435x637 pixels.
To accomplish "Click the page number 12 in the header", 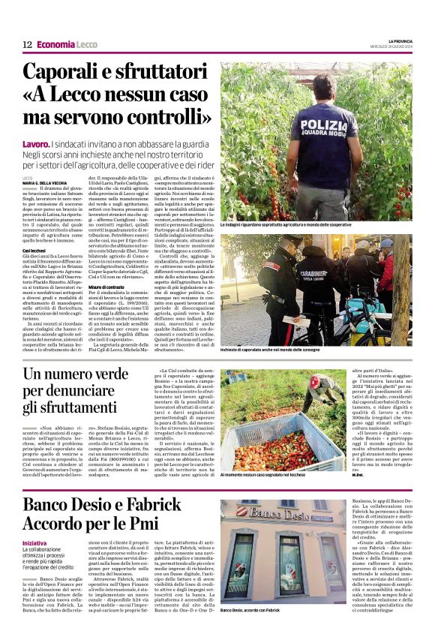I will [26, 45].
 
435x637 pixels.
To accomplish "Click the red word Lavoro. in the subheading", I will [37, 143].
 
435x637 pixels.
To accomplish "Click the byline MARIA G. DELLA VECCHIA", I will [43, 182].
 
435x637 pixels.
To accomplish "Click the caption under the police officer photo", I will [285, 224].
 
